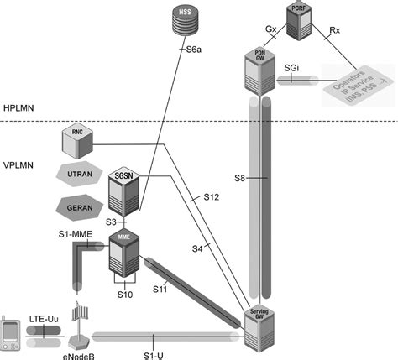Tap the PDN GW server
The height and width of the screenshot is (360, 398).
click(260, 68)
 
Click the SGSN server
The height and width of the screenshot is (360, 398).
click(123, 191)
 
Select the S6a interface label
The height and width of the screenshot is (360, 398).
click(194, 49)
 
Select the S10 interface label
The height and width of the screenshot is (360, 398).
click(122, 295)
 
